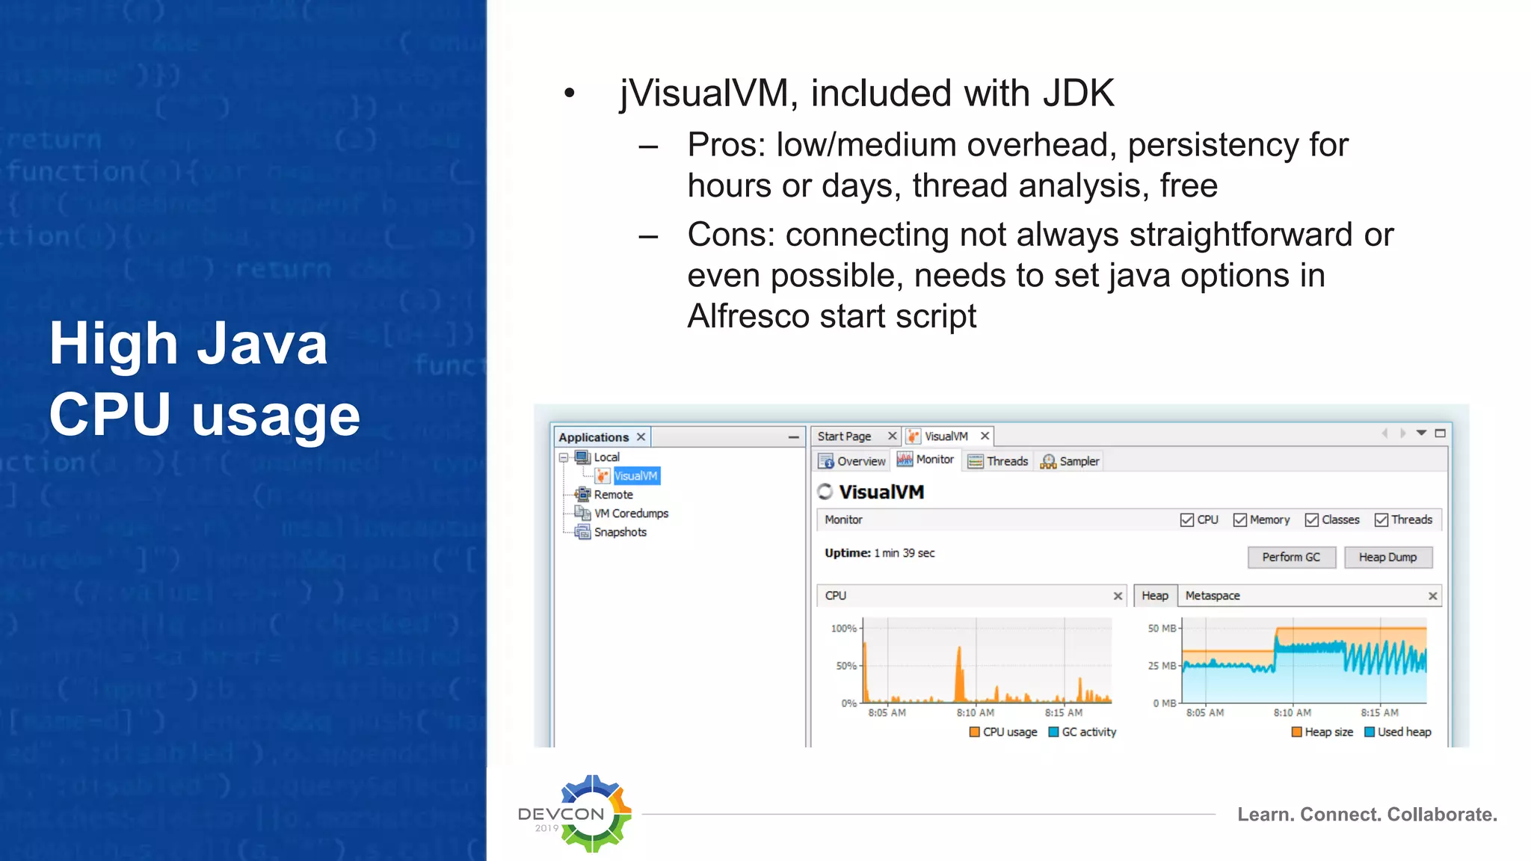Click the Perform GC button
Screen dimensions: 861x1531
1291,558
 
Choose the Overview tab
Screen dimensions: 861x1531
852,461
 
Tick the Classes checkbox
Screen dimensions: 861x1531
1312,520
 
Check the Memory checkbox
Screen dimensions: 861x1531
1240,520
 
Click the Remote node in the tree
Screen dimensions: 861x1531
613,495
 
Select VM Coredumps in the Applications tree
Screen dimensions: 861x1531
630,513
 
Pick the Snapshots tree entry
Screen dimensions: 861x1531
620,532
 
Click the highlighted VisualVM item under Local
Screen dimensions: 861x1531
635,476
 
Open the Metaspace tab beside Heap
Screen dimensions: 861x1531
1212,596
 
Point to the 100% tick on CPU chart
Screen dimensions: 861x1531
844,629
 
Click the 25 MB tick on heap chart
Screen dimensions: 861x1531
1162,666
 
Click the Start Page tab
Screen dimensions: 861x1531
844,436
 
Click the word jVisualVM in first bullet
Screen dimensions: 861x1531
703,94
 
